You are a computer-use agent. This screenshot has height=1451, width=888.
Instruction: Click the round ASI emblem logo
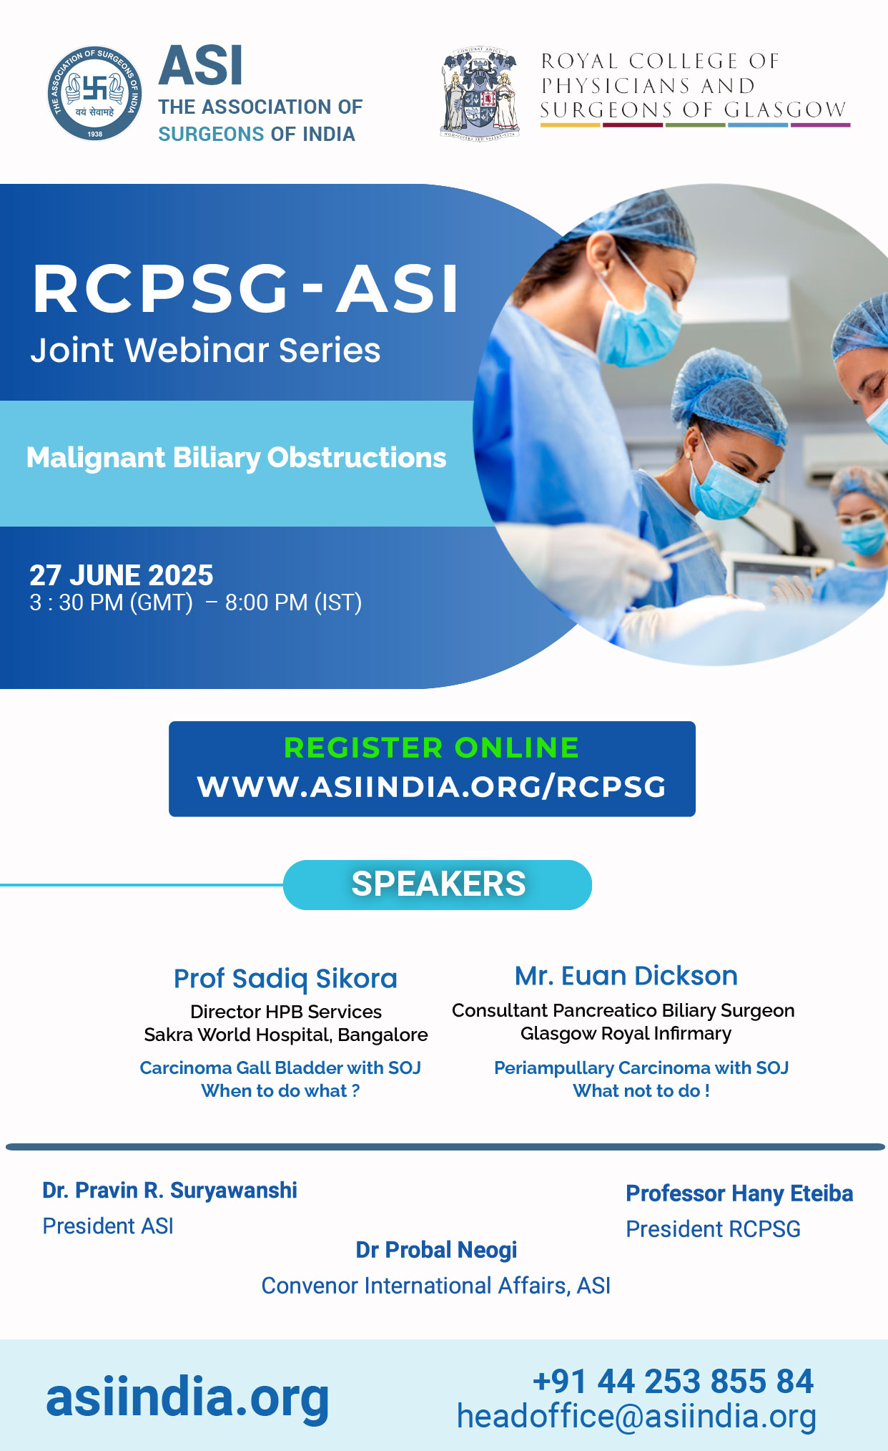(94, 93)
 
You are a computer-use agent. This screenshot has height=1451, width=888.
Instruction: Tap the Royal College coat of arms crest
(480, 92)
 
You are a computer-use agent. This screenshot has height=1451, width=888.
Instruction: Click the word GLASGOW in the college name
(785, 110)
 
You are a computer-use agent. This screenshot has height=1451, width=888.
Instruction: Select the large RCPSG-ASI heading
(245, 288)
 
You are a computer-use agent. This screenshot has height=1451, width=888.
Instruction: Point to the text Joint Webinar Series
(205, 350)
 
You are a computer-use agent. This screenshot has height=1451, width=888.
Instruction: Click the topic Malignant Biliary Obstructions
(237, 458)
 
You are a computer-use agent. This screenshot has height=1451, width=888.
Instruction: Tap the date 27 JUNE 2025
(122, 575)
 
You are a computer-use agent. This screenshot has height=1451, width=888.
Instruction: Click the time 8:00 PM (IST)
(294, 602)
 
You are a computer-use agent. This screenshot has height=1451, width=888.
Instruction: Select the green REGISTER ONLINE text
(432, 748)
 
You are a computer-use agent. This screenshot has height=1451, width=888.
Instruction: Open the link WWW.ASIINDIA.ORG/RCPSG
(432, 786)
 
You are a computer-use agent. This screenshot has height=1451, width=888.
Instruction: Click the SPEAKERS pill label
(438, 884)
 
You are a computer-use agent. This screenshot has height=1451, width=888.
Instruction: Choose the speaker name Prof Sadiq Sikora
(285, 979)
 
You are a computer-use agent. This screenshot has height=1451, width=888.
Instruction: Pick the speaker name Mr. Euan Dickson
(626, 976)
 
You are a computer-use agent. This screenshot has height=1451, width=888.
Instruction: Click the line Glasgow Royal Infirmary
(626, 1034)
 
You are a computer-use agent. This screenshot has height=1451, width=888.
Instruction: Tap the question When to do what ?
(280, 1090)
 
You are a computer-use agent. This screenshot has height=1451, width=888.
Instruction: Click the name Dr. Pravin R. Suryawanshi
(170, 1191)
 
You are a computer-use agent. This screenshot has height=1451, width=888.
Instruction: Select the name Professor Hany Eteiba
(739, 1193)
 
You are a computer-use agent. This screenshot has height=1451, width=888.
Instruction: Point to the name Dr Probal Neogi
(436, 1250)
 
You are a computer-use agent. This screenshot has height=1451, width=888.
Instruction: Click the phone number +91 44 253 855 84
(673, 1382)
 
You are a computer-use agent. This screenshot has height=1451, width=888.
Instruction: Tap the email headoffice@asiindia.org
(636, 1417)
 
